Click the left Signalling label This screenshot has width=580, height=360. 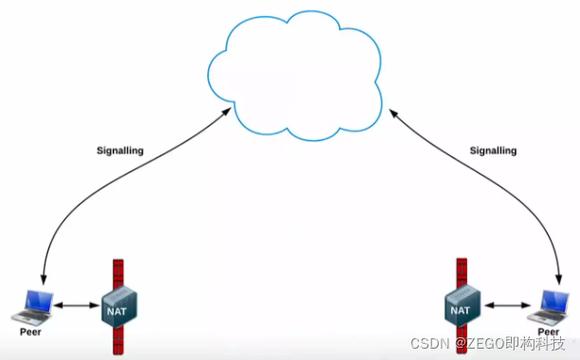click(120, 151)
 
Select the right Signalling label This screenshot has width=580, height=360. click(493, 151)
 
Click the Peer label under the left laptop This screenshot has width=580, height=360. click(30, 332)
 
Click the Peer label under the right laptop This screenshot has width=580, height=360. click(548, 332)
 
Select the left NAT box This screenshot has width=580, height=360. click(119, 306)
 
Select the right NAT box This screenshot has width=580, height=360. click(462, 305)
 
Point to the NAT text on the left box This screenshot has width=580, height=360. click(117, 312)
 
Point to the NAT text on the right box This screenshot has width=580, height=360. click(461, 310)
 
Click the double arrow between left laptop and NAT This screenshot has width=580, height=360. click(78, 305)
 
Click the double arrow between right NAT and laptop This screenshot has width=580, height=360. click(508, 305)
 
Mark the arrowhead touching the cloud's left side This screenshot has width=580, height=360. click(227, 112)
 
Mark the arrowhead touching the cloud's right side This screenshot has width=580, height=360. click(394, 113)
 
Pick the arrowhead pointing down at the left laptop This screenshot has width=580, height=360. click(44, 279)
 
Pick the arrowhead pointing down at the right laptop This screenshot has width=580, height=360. click(559, 279)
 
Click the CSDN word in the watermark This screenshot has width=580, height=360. click(430, 343)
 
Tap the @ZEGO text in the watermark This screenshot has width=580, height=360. click(480, 343)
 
